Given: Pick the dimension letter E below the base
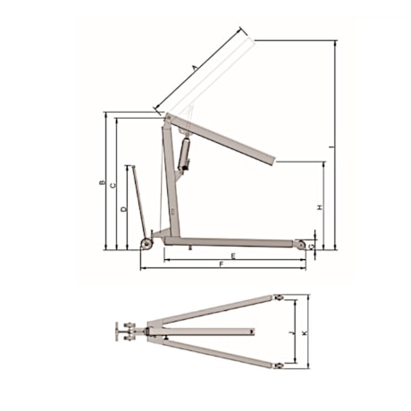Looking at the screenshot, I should pos(232,256).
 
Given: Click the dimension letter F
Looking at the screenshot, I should pos(221,266).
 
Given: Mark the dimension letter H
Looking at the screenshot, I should pos(319,206).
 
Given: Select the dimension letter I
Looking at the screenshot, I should pos(332,147).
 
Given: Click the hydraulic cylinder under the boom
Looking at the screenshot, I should pos(186,152).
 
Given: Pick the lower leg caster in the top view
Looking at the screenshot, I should pos(279,367).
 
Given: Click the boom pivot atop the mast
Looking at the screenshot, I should pos(165,115).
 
